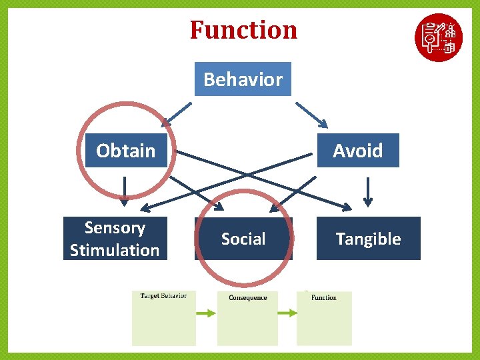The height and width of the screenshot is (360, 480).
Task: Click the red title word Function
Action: [243, 30]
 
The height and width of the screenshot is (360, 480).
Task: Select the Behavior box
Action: [243, 79]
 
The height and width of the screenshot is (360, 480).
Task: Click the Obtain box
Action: [126, 151]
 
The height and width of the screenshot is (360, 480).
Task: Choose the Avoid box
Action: [358, 151]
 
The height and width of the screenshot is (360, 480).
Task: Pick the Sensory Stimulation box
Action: [115, 239]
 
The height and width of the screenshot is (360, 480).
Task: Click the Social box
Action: [243, 239]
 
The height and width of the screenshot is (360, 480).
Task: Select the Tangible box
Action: [368, 239]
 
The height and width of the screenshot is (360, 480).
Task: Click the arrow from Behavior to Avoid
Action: [311, 114]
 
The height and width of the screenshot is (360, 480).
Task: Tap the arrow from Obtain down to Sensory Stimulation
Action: [124, 191]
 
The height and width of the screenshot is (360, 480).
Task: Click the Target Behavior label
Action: [163, 296]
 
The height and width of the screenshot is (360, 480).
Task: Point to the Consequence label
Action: [248, 297]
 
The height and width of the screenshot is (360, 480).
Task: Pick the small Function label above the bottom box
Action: [324, 297]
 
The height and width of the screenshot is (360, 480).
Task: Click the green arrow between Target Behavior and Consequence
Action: [206, 313]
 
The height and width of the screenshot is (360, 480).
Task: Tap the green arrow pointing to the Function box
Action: [287, 313]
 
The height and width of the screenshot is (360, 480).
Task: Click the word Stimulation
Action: [115, 251]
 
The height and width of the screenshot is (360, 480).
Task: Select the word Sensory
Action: [115, 228]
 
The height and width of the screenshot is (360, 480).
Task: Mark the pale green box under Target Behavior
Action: [163, 323]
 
